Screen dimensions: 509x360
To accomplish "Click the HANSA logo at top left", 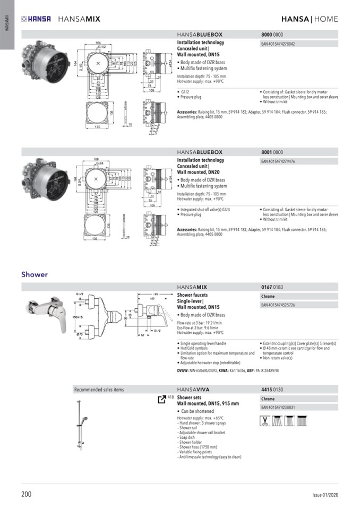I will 36,19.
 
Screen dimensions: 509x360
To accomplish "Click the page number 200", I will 27,494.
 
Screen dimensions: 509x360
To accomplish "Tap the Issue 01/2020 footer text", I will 325,495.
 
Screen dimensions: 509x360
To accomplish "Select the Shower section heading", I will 35,274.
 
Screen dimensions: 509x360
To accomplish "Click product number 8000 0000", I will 272,34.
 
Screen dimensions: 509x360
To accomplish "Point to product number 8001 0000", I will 272,152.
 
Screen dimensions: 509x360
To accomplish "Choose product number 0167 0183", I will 272,287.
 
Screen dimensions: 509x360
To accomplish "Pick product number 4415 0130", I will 272,390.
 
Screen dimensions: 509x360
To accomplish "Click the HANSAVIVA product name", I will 192,390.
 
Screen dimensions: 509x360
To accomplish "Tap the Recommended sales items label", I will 99,390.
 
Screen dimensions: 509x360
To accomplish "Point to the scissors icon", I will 264,421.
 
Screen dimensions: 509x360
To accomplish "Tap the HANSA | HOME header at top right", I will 309,19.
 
